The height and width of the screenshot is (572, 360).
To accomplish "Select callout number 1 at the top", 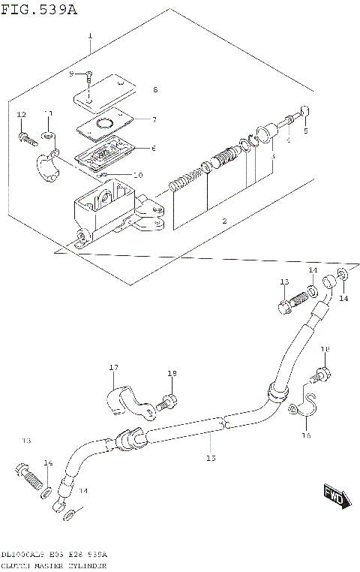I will (x=90, y=36).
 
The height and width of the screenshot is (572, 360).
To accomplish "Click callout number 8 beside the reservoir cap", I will (x=155, y=90).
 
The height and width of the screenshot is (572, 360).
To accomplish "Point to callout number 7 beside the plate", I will (x=154, y=119).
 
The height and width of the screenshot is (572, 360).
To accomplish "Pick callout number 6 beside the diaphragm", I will (x=154, y=148).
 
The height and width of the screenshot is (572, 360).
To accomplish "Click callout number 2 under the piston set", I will (x=223, y=221).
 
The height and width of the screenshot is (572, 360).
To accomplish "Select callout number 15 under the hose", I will (x=211, y=457).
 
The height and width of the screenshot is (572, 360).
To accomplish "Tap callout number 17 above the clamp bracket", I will (x=114, y=367).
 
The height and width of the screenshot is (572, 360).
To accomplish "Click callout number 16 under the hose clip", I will (x=306, y=434).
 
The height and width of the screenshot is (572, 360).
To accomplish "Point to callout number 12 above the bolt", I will (x=21, y=114).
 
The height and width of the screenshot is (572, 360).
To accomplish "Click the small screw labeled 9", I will (x=88, y=76).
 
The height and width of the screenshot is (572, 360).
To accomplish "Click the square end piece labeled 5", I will (x=305, y=113).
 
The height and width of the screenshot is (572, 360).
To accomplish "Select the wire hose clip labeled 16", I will (x=304, y=408).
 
